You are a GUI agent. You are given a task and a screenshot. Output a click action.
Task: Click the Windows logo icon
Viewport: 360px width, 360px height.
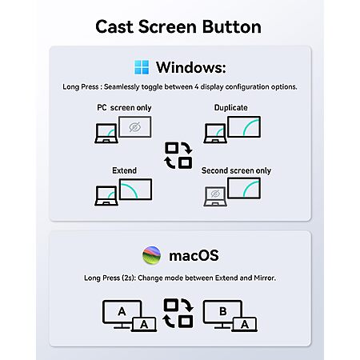(x=142, y=67)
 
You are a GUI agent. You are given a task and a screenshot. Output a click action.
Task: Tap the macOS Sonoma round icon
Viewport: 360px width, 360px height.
(x=151, y=255)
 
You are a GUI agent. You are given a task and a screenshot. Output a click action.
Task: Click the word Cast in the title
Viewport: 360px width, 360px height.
(x=114, y=26)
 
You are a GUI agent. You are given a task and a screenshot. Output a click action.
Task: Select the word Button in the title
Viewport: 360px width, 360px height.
(x=231, y=26)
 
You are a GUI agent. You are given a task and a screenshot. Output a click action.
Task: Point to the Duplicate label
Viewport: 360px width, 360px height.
(x=231, y=107)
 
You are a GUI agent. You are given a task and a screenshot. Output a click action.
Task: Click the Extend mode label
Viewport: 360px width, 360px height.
(x=124, y=170)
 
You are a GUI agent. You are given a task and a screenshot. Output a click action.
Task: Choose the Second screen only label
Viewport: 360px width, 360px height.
(x=236, y=170)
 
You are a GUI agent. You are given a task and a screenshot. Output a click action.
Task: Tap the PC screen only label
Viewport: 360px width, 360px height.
(x=124, y=107)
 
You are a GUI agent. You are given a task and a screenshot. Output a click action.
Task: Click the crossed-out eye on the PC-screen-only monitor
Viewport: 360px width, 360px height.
(x=135, y=127)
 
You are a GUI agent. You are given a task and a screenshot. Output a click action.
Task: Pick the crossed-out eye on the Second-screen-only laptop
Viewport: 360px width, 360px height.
(x=215, y=194)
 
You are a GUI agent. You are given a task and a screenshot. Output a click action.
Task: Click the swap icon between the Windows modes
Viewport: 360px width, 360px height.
(x=178, y=155)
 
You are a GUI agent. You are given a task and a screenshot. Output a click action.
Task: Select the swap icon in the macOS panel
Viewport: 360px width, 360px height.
(x=178, y=313)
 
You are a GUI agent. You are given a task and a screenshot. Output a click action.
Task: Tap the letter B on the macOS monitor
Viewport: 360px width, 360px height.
(x=223, y=311)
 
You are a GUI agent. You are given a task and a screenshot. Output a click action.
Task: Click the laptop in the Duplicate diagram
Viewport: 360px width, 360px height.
(x=215, y=134)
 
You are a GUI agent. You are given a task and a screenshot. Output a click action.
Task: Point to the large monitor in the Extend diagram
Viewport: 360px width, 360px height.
(x=135, y=190)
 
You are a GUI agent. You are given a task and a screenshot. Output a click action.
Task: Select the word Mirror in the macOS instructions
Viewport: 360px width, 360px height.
(x=265, y=278)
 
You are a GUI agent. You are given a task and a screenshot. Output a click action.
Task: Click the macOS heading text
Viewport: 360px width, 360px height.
(x=194, y=255)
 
